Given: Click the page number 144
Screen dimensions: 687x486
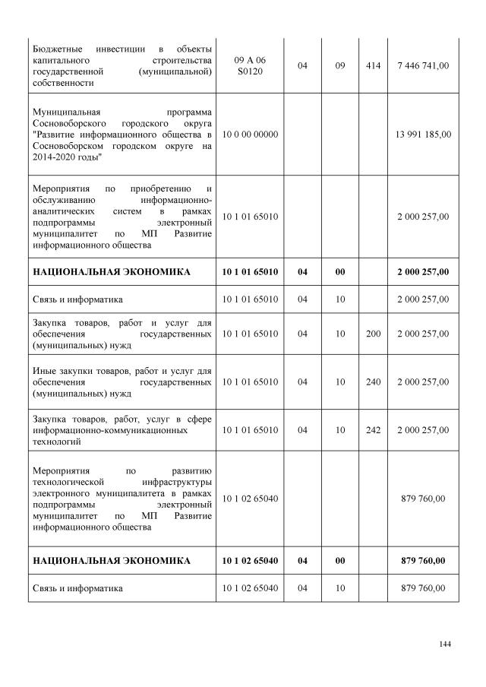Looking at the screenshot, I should (x=445, y=644).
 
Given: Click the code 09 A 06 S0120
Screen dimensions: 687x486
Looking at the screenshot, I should (x=251, y=66).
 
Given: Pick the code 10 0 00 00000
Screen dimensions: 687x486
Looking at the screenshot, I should (x=251, y=135).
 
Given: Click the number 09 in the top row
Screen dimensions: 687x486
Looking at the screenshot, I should (x=340, y=66).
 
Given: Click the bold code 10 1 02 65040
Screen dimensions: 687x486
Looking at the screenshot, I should (x=251, y=561).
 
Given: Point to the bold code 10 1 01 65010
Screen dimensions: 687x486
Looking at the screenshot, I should (x=251, y=271).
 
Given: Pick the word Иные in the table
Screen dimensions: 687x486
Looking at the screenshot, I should (x=44, y=371).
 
